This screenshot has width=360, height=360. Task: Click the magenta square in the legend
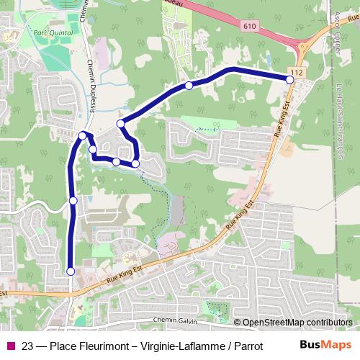(10, 345)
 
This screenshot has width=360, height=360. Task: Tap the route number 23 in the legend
(28, 345)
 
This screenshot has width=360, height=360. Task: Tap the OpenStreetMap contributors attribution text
(297, 323)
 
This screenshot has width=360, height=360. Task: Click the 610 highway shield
(249, 26)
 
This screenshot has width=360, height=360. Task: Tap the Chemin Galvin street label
(176, 319)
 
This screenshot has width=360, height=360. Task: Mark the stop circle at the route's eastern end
(290, 80)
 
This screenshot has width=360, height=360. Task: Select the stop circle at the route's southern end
(71, 271)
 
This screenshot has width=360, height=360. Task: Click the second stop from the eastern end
(189, 86)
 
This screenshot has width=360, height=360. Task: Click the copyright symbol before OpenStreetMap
(238, 323)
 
